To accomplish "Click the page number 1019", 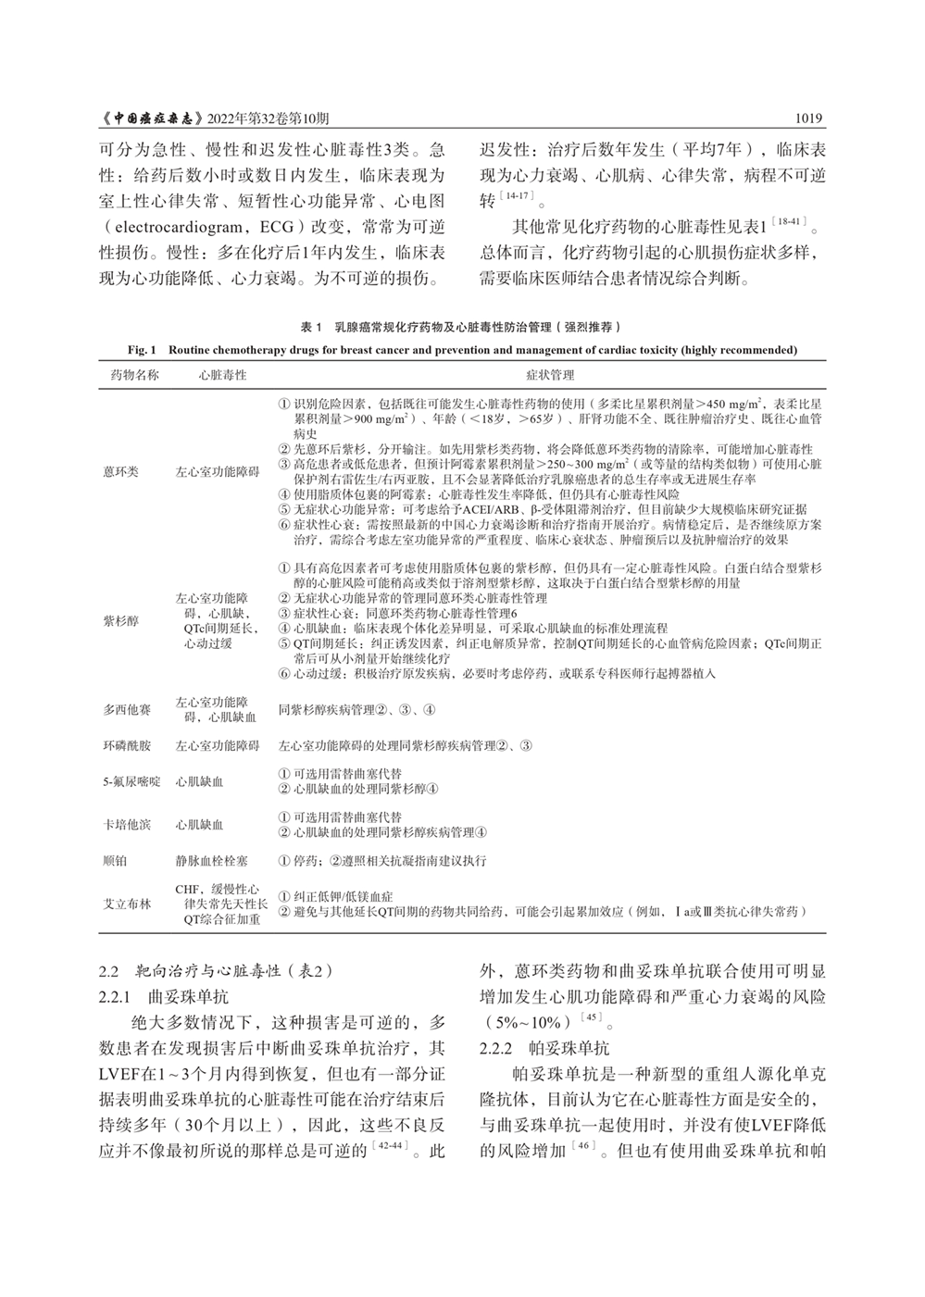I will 809,119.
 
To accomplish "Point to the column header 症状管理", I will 550,375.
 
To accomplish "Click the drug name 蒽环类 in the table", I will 120,471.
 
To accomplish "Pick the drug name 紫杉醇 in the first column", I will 120,621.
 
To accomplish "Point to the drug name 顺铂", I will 116,860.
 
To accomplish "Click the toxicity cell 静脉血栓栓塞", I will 211,860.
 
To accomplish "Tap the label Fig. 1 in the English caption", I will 144,350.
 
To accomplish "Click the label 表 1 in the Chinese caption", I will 310,328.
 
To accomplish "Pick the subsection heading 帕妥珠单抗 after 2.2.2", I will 569,1049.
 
